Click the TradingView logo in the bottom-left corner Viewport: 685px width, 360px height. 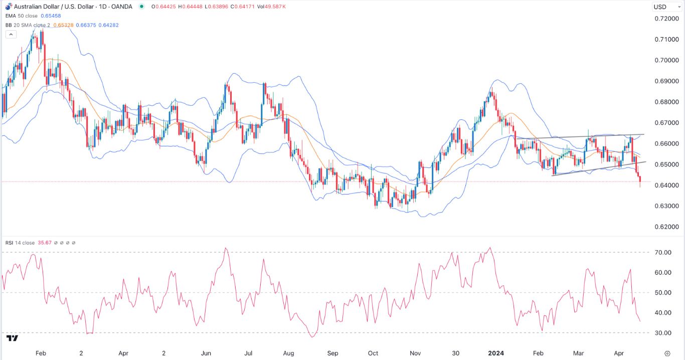[x=13, y=338]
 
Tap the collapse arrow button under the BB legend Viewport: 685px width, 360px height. [x=11, y=35]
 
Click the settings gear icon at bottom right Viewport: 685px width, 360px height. [x=667, y=353]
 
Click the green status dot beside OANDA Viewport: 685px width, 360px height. [x=142, y=7]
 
